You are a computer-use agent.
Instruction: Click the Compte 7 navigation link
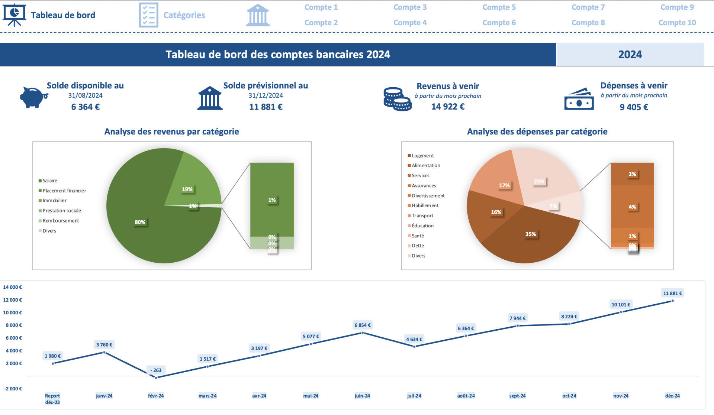pos(588,7)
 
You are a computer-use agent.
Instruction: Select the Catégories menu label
pos(184,15)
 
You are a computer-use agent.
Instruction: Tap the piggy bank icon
pos(33,97)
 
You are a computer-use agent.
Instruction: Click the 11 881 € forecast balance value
pos(266,107)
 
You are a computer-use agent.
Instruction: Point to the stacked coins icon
pos(397,99)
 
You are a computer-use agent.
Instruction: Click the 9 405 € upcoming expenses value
pos(634,107)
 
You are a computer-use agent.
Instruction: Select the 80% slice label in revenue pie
pos(140,222)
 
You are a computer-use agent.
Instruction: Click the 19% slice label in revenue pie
pos(187,189)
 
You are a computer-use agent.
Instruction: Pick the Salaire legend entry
pos(50,181)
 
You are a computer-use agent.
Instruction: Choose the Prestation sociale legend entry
pos(61,211)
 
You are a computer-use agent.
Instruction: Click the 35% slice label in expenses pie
pos(531,234)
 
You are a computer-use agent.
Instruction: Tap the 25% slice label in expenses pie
pos(539,182)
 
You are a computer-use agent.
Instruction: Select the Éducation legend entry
pos(422,226)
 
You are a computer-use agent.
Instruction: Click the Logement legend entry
pos(422,156)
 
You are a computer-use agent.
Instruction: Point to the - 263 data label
pos(156,370)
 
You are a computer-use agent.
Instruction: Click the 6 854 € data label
pos(362,325)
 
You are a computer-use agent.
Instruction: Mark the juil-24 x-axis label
pos(414,396)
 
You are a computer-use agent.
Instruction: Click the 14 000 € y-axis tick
pos(13,287)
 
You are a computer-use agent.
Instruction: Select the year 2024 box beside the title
pos(630,55)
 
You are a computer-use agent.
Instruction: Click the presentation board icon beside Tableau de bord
pos(14,15)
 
